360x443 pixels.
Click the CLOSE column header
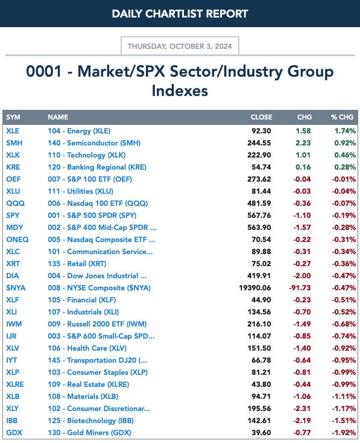click(261, 117)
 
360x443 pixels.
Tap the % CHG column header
click(343, 117)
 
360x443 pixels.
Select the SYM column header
click(13, 117)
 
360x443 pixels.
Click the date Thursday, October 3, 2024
click(180, 46)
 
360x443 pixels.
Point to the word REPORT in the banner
click(227, 14)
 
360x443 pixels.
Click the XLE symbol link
click(13, 131)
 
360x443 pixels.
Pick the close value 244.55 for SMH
click(259, 143)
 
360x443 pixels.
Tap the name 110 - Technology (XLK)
click(87, 155)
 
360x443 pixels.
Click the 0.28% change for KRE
click(345, 167)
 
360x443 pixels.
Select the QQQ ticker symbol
click(15, 203)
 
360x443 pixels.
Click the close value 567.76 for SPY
click(259, 215)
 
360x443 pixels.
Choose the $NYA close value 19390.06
click(255, 288)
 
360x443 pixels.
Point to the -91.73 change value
click(300, 288)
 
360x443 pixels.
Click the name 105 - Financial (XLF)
click(82, 300)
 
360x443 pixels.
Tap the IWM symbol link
click(14, 324)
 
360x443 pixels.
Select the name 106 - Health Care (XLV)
click(87, 348)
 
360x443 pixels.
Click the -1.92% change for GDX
click(344, 433)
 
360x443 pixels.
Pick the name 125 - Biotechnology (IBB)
click(90, 421)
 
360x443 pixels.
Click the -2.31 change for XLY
click(302, 409)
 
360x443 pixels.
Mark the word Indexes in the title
click(180, 91)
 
